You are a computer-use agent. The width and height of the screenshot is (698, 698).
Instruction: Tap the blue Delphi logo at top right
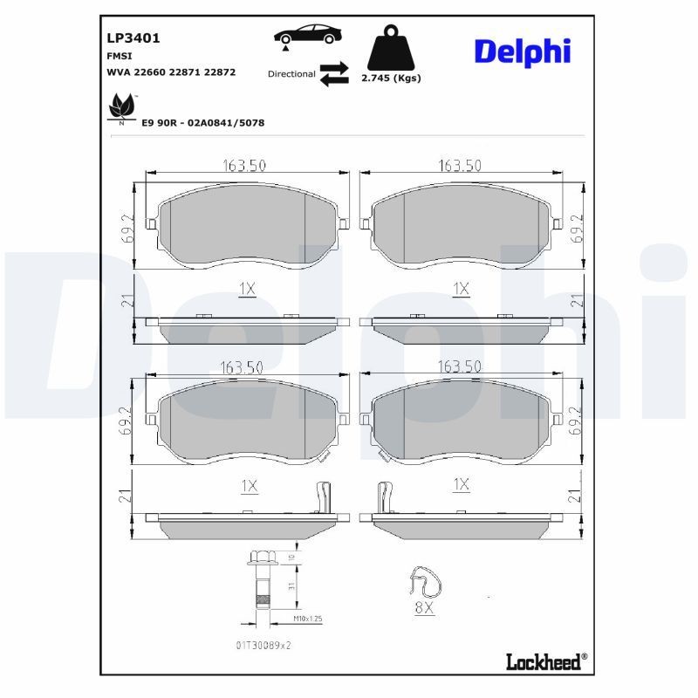click(x=522, y=51)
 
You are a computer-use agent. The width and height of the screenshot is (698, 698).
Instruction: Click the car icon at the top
click(x=308, y=36)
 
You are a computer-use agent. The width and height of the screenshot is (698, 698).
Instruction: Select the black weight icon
click(x=391, y=51)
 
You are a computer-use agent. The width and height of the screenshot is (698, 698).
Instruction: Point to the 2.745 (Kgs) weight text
click(x=391, y=78)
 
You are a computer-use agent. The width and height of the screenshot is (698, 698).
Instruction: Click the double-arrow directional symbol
click(x=333, y=74)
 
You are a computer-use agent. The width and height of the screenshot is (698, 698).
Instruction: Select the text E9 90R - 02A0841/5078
click(x=202, y=123)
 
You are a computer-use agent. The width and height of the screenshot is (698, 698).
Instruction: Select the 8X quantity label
click(x=424, y=608)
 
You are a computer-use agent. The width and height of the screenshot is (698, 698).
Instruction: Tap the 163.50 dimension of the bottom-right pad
click(x=460, y=367)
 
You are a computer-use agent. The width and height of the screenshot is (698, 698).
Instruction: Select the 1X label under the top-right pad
click(x=461, y=289)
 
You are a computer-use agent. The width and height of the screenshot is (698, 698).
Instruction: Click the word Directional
click(x=291, y=74)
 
